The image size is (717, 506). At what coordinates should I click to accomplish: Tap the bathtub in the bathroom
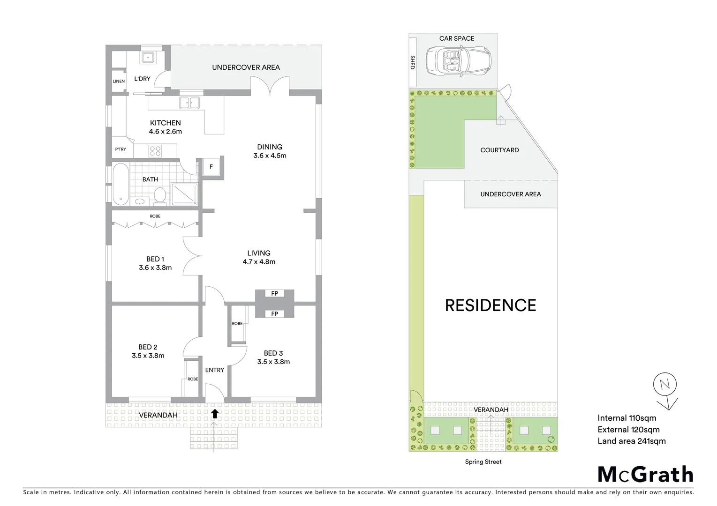point(121,184)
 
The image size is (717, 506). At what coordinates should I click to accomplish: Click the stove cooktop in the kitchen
point(155,151)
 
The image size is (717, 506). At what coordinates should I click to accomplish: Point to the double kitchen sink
point(189,103)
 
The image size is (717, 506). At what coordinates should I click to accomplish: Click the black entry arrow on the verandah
point(215,414)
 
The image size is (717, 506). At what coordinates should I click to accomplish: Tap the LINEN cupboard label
point(119,82)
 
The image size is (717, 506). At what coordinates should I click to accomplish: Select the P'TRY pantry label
point(121,149)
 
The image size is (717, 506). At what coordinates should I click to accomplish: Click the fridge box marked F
point(211,167)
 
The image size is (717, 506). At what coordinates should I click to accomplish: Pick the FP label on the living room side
point(275,294)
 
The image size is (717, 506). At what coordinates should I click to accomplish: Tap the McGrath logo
point(645,474)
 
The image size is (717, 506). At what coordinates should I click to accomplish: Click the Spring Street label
point(483,462)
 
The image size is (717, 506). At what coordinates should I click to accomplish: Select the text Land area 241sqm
point(631,441)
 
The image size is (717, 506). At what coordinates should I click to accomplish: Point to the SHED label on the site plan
point(413,63)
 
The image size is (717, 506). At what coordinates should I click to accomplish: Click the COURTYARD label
point(499,150)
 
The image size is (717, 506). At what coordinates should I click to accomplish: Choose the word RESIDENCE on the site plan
point(490,305)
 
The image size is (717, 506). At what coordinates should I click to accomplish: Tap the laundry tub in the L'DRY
point(149,58)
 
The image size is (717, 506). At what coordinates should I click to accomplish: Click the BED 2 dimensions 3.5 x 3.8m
point(148,356)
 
